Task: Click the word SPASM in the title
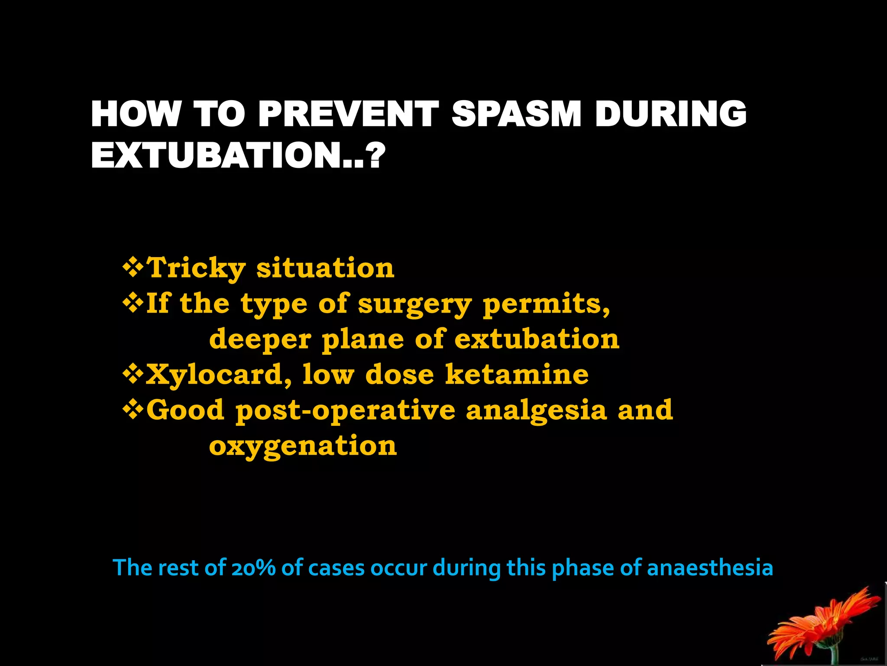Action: pos(516,114)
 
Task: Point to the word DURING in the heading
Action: pos(670,114)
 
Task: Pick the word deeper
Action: pos(260,340)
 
